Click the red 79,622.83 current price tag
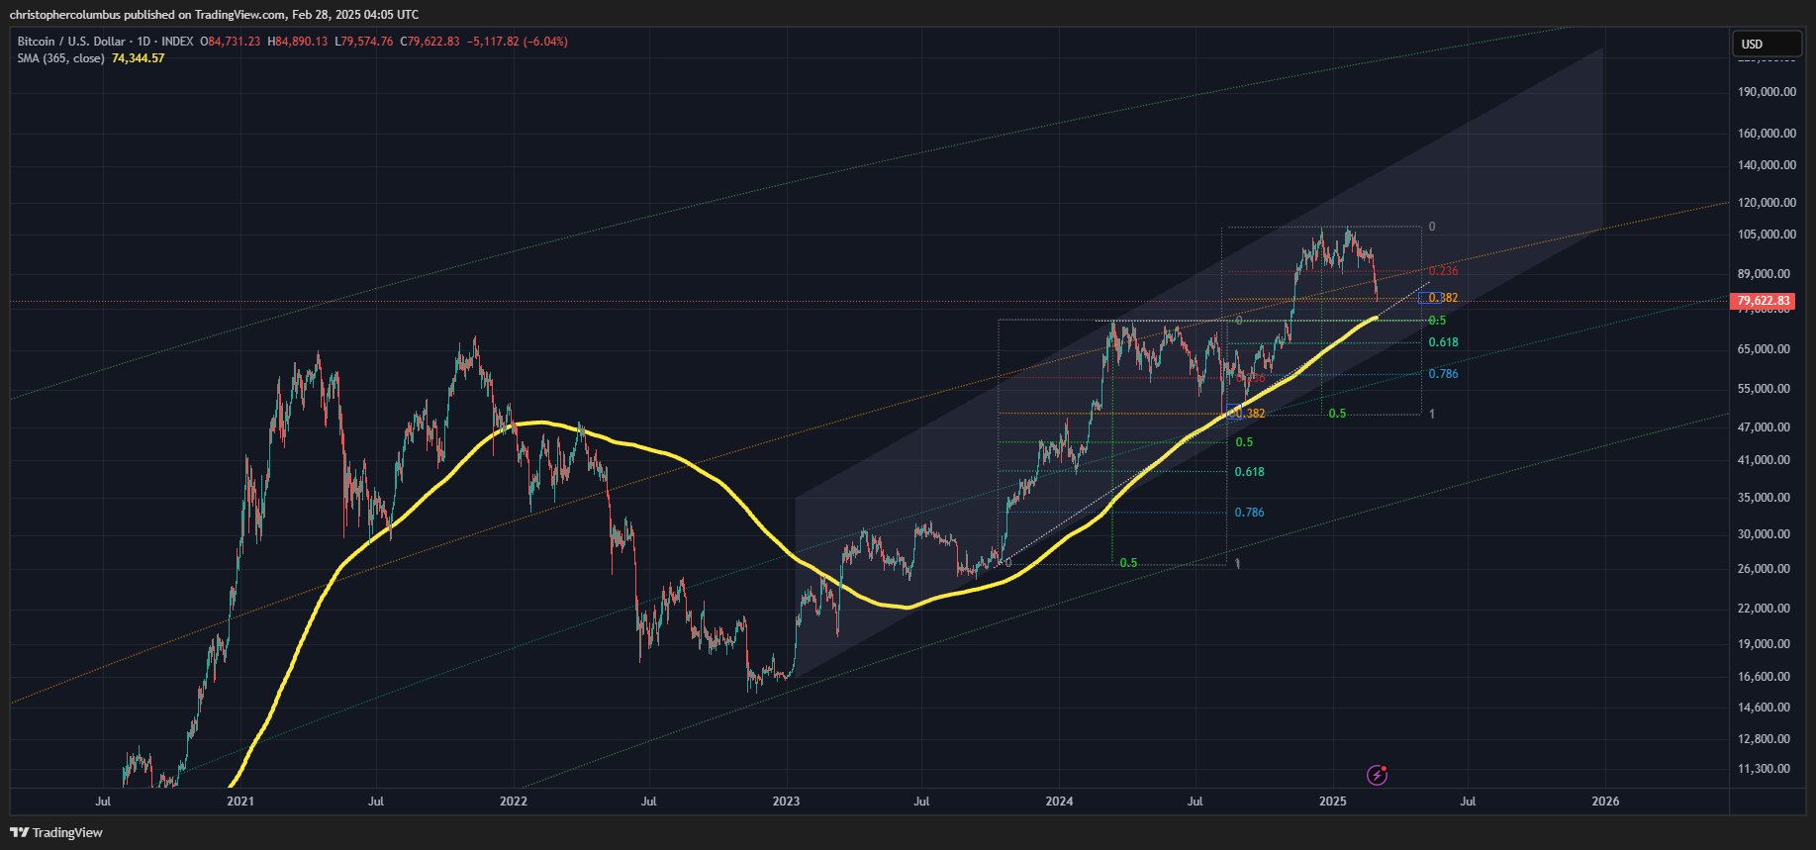click(1763, 301)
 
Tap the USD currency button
click(1766, 44)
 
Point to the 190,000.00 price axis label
click(1767, 92)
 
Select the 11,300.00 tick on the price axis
click(1764, 769)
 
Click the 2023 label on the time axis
click(786, 802)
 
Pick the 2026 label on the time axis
click(1605, 802)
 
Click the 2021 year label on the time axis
click(239, 802)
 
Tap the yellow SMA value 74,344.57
click(138, 58)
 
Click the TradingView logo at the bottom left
click(56, 832)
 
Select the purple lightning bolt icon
click(1377, 775)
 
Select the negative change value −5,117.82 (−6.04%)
click(518, 42)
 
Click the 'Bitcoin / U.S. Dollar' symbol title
click(71, 42)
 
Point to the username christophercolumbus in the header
click(64, 15)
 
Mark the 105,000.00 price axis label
click(1767, 235)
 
